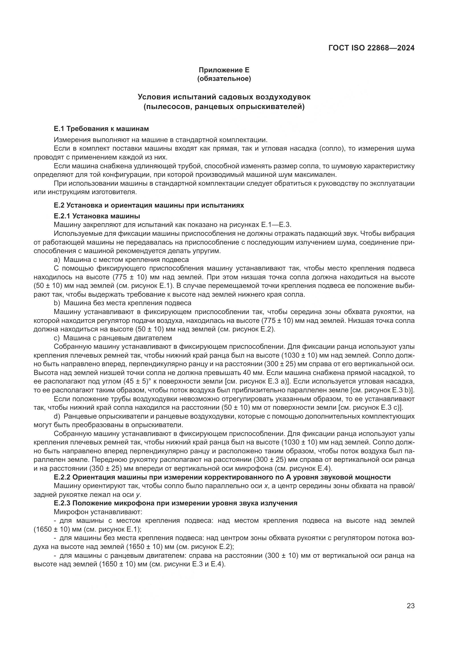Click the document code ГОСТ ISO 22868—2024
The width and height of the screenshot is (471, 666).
click(371, 48)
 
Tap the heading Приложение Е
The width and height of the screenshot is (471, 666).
click(224, 70)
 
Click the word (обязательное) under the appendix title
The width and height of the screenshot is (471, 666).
click(224, 79)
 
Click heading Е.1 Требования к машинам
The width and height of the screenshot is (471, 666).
click(101, 128)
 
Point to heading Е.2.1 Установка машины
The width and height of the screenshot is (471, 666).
click(97, 216)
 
